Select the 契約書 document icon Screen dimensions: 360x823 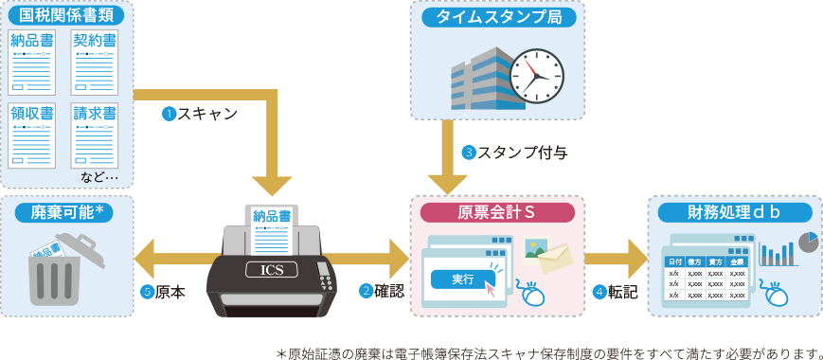pos(95,61)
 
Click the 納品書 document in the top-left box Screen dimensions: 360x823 pos(32,61)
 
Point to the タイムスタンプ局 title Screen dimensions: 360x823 pos(498,16)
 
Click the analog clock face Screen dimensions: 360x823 pos(536,76)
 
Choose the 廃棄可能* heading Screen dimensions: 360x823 pos(65,212)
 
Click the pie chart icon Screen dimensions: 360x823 pos(807,242)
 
